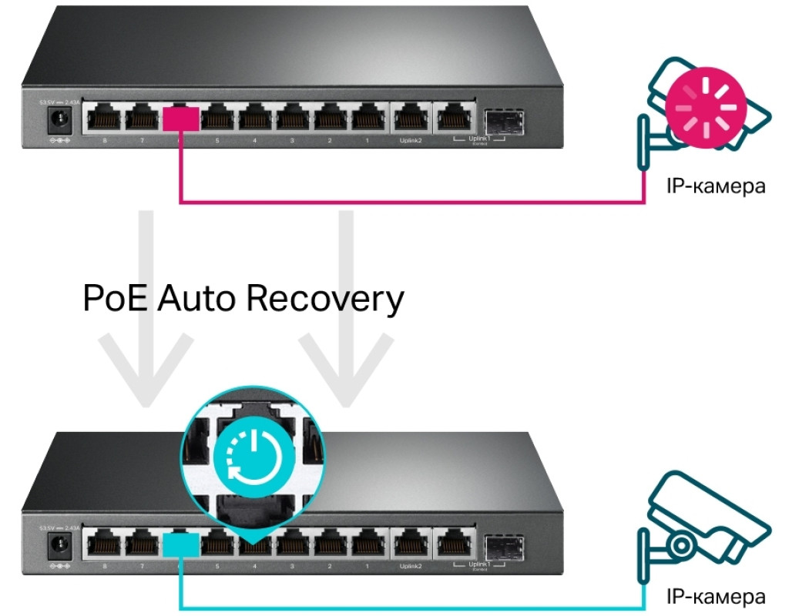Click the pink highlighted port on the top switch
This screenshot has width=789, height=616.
pos(182,118)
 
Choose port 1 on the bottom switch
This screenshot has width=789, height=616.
pos(368,546)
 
